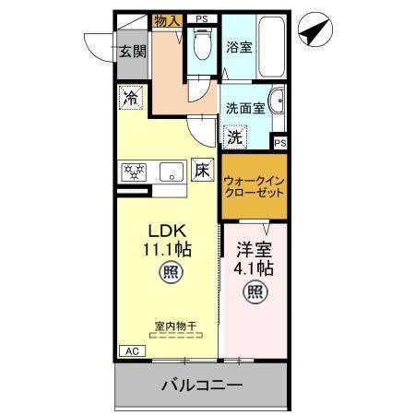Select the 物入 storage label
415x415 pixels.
tap(167, 20)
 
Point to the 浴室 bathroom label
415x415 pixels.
tap(240, 47)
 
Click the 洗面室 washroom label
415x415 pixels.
tap(245, 107)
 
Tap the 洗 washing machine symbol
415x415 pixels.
tap(235, 136)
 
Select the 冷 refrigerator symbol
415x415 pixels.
tap(132, 96)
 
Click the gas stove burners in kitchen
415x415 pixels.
tap(136, 171)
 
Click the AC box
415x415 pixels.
tap(132, 351)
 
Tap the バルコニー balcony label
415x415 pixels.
tap(202, 385)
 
